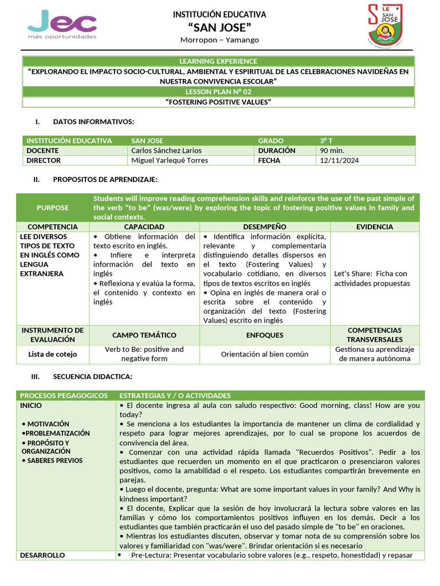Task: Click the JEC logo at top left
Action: tap(62, 25)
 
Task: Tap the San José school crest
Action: tap(384, 26)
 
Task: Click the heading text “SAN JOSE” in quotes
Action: tap(219, 27)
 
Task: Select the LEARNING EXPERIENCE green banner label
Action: tap(218, 61)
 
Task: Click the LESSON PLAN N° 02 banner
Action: tap(218, 92)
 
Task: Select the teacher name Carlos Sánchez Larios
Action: tap(166, 151)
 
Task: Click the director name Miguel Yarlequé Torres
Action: tap(170, 161)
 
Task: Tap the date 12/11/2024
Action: tap(339, 161)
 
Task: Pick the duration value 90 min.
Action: tap(332, 151)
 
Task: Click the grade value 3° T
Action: tap(327, 140)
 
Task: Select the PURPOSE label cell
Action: tap(53, 208)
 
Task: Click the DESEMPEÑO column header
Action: tap(265, 227)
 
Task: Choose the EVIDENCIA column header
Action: tap(375, 227)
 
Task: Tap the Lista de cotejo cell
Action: tap(53, 354)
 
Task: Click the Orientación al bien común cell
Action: tap(265, 354)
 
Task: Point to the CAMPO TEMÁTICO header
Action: tap(144, 335)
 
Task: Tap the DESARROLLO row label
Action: tap(42, 555)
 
